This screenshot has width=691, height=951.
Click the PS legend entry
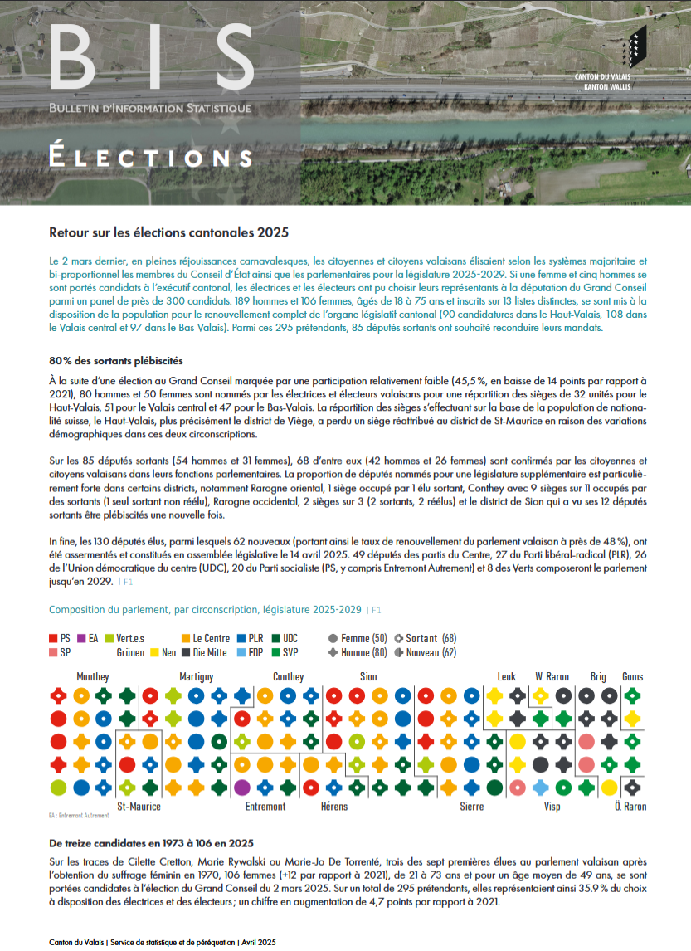pyautogui.click(x=61, y=638)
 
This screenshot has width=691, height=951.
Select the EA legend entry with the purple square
pyautogui.click(x=87, y=638)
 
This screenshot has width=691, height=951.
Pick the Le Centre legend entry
pyautogui.click(x=205, y=638)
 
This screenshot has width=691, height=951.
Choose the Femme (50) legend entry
pyautogui.click(x=358, y=638)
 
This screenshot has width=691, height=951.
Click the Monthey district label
pyautogui.click(x=93, y=676)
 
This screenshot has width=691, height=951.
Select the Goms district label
pyautogui.click(x=632, y=676)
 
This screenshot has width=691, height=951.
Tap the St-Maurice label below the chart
pyautogui.click(x=139, y=806)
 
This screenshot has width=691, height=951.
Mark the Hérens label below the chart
pyautogui.click(x=333, y=806)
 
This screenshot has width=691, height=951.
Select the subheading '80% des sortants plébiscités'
pyautogui.click(x=116, y=360)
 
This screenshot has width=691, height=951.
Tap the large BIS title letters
pyautogui.click(x=150, y=56)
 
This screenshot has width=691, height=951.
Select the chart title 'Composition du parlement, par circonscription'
pyautogui.click(x=205, y=610)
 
